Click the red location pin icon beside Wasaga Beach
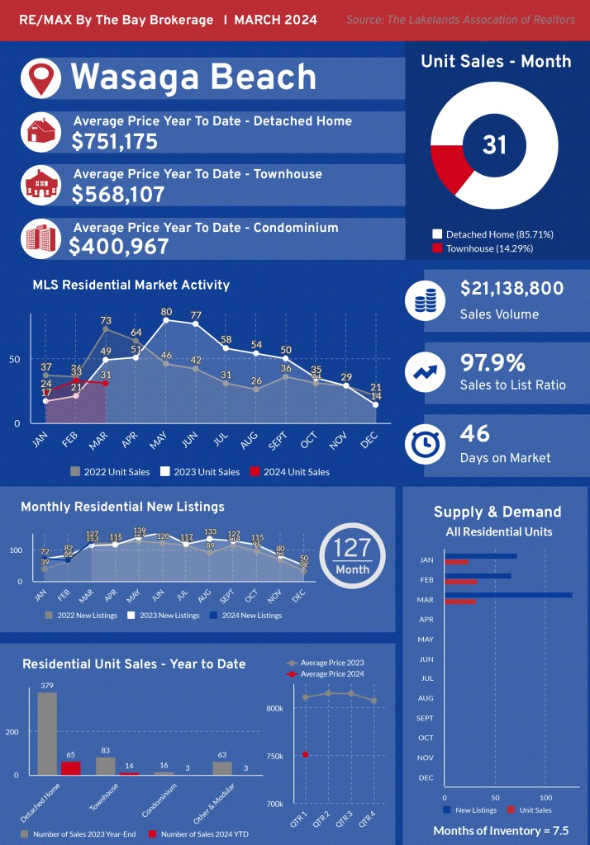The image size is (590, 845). (40, 78)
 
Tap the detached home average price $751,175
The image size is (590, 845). (115, 142)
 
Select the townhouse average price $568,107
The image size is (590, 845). (118, 195)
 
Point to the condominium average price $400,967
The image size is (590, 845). (119, 247)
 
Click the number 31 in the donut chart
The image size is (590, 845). (494, 145)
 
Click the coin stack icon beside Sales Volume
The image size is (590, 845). (426, 300)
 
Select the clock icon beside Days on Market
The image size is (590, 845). (426, 445)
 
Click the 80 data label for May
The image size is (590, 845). (167, 312)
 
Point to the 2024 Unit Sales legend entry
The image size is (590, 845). (290, 472)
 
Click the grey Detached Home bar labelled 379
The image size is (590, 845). (47, 733)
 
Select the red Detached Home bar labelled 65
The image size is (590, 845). (71, 767)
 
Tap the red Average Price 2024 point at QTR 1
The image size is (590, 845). (306, 754)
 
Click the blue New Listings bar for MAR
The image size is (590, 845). (508, 594)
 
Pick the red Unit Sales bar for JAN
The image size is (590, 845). (456, 563)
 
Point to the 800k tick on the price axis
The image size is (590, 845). (275, 708)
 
